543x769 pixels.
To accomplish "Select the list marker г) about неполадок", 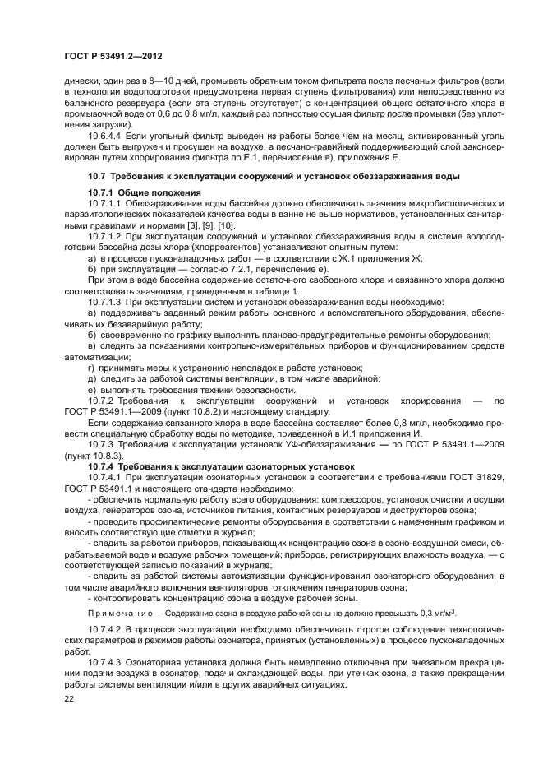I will pos(90,367).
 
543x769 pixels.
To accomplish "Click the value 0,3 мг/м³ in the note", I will pos(435,613).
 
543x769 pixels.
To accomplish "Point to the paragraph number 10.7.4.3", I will pos(105,662).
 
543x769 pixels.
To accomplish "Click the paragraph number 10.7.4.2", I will pos(105,629).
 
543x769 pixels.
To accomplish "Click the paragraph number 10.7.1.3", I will pos(105,302).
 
